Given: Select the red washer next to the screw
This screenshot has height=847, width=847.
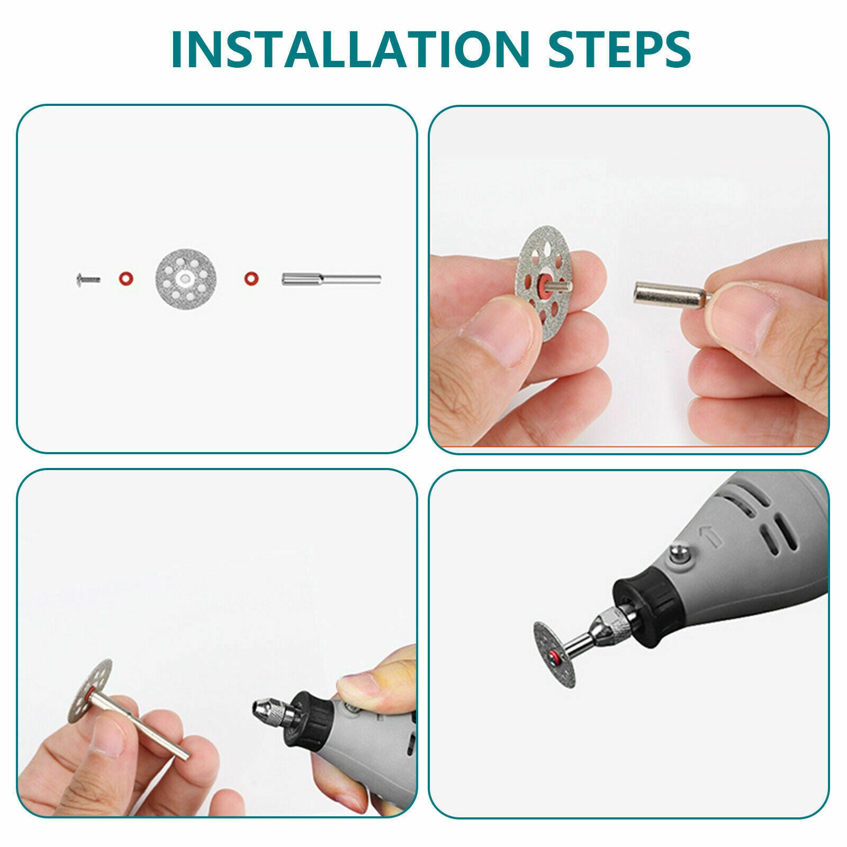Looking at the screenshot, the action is [125, 278].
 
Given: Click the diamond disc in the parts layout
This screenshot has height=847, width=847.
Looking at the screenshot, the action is [187, 278].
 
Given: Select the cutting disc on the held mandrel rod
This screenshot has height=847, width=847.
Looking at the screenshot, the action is [91, 693].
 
